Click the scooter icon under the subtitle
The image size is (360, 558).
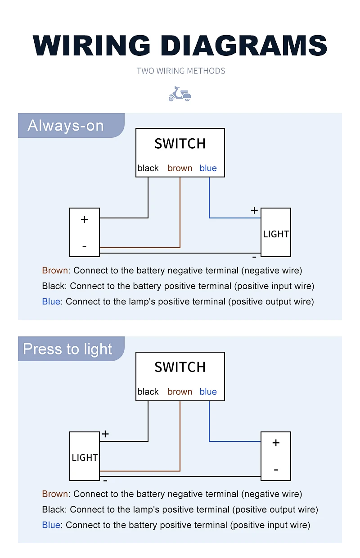[180, 94]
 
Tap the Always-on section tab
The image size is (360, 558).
[71, 125]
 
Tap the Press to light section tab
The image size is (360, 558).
[71, 349]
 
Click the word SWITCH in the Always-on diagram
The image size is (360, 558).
[180, 144]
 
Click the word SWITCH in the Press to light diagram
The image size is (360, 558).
[180, 367]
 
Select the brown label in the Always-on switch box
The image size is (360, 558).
[180, 168]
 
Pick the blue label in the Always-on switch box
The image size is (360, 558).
[208, 168]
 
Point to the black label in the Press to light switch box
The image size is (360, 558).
[148, 392]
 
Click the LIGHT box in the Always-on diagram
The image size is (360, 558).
[276, 232]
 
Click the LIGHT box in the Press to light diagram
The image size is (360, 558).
[85, 456]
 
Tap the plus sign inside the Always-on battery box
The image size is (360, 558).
[85, 219]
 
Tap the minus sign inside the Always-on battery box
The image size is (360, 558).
[85, 247]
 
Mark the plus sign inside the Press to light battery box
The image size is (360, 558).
[276, 443]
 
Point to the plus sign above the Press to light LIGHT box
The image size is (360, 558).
[105, 434]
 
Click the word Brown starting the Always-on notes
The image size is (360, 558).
[55, 270]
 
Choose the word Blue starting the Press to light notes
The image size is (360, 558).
[51, 525]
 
